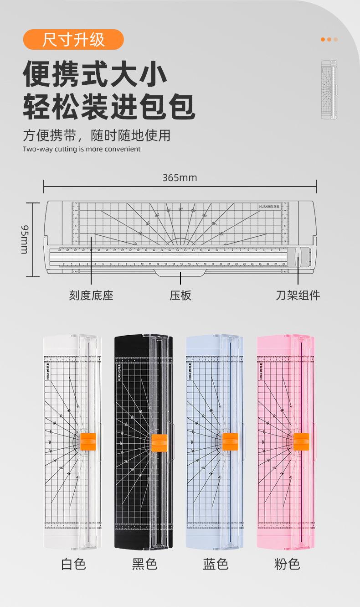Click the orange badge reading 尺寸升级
[73, 40]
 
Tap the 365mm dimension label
[180, 177]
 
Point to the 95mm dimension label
[25, 239]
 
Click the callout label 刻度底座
[91, 296]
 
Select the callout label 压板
[180, 296]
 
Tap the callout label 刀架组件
[298, 296]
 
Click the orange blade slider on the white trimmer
[87, 441]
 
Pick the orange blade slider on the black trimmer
[159, 441]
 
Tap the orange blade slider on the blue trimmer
[230, 441]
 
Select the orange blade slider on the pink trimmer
[301, 441]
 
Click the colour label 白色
[73, 564]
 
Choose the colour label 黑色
[144, 564]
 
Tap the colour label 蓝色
[216, 564]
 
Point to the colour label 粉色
[287, 564]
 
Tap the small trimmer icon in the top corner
[329, 90]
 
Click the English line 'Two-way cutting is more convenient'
[82, 149]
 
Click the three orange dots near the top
[329, 40]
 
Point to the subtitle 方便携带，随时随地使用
[97, 135]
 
